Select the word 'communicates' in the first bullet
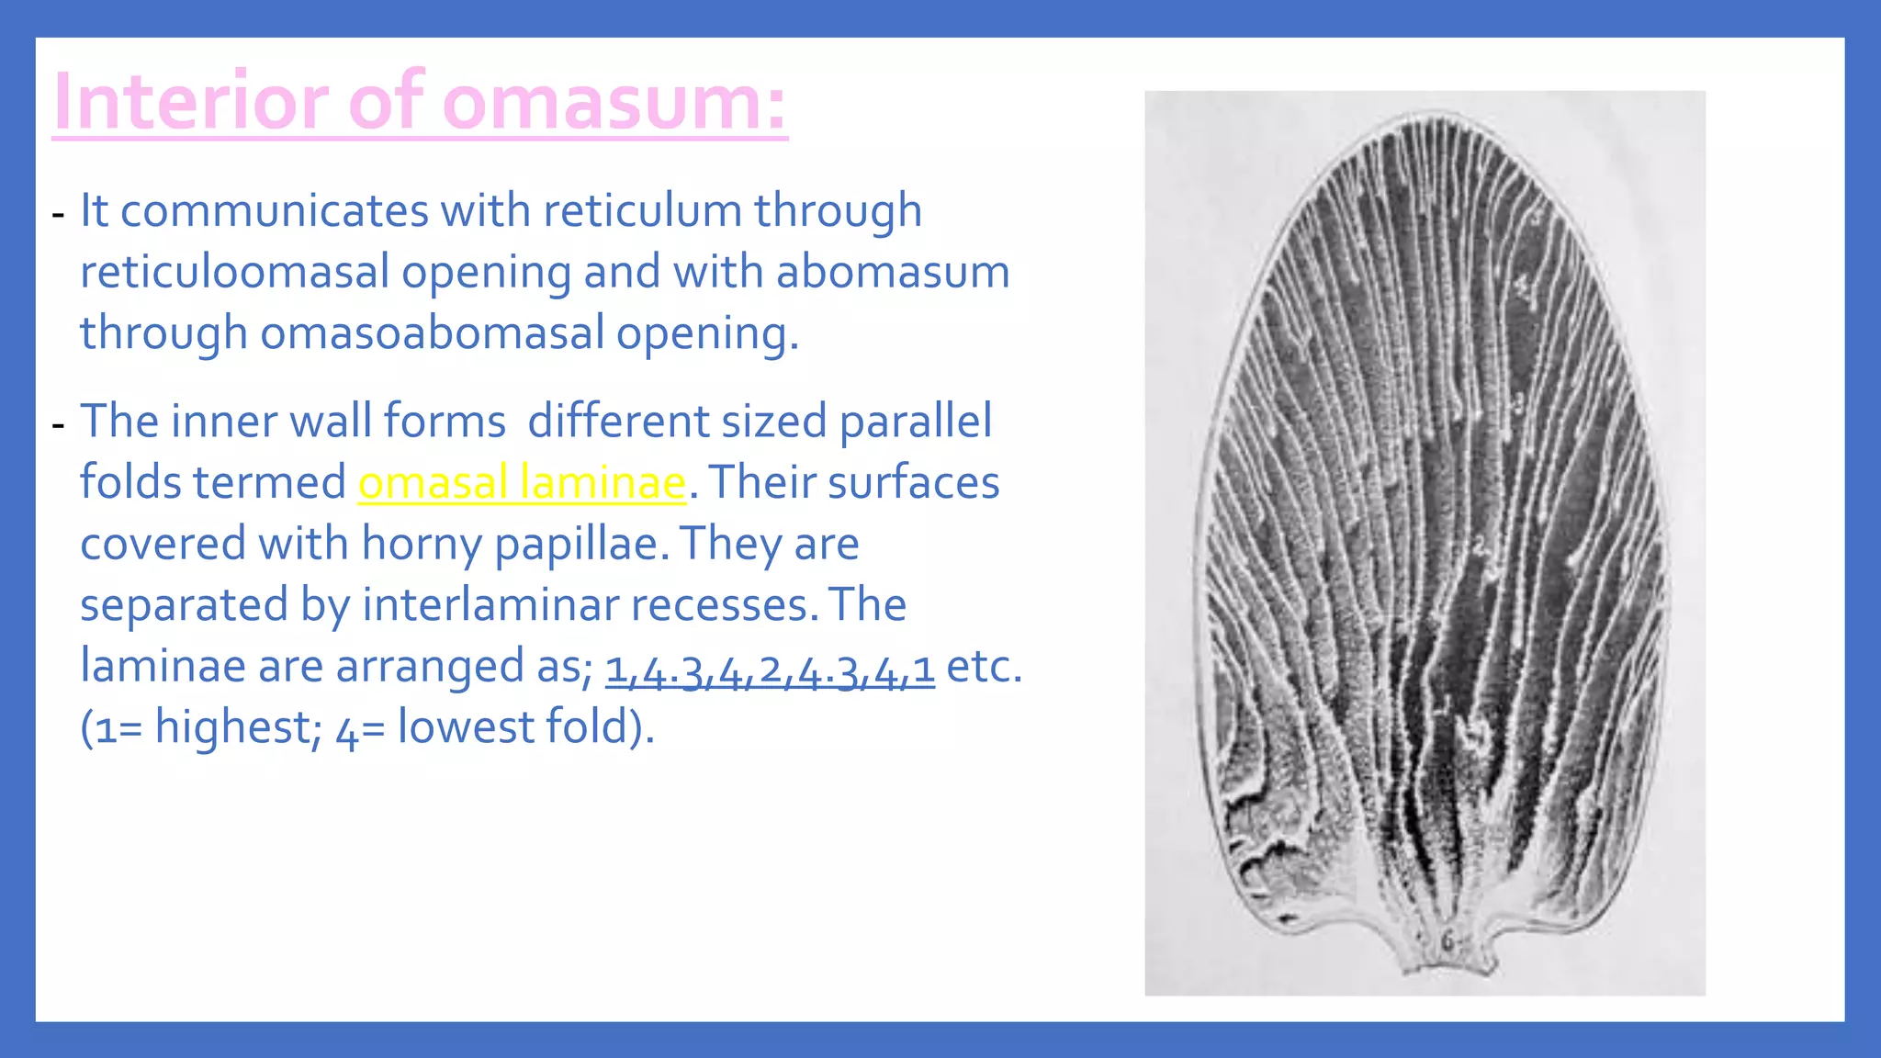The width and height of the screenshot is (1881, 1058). click(275, 211)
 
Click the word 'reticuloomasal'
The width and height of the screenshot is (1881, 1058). click(235, 273)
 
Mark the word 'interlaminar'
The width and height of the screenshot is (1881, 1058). click(490, 605)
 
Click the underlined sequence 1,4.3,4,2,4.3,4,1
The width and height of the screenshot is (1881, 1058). click(770, 669)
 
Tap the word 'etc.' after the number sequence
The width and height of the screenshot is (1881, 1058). click(984, 667)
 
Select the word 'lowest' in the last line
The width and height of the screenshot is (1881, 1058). click(466, 727)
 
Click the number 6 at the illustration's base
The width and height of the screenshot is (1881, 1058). click(1447, 942)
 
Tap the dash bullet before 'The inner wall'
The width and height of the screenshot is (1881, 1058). click(59, 425)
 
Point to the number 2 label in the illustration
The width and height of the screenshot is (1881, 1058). click(1480, 546)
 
